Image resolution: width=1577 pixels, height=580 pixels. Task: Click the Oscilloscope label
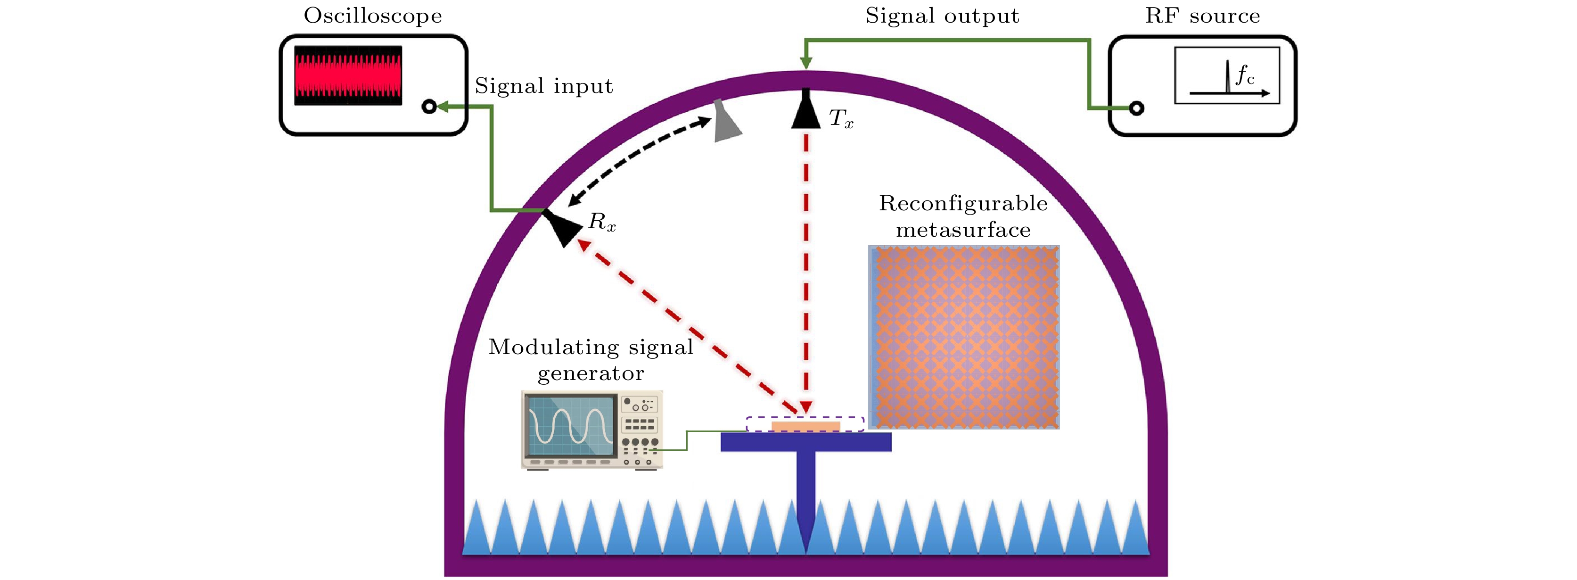click(373, 16)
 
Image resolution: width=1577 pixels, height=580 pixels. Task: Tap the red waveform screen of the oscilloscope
click(348, 75)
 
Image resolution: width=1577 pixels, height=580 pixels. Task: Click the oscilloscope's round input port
click(429, 107)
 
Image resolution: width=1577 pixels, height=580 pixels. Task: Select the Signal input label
click(543, 86)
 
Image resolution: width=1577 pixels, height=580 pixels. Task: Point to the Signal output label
click(942, 16)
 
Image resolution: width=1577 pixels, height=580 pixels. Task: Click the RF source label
click(1202, 16)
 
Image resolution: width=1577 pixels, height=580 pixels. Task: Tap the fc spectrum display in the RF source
click(1227, 75)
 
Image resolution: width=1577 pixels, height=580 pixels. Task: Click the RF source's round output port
click(1136, 108)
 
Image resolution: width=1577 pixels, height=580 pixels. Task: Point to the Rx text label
click(602, 222)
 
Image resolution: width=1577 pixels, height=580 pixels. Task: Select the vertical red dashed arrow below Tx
click(805, 269)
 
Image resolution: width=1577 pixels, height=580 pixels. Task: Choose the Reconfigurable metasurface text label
click(963, 216)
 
